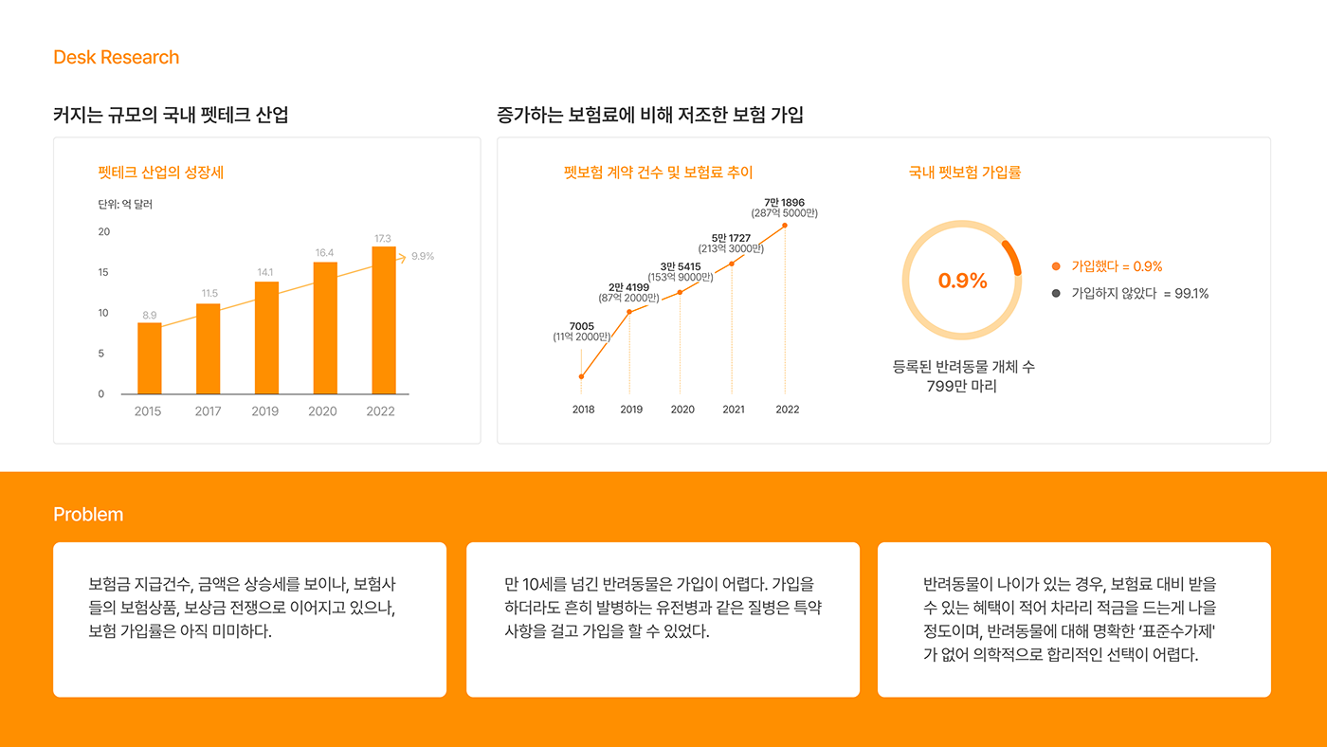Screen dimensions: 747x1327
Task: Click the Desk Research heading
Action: pos(116,58)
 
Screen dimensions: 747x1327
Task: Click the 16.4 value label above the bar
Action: pos(325,253)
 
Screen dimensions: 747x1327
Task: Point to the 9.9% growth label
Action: pos(423,256)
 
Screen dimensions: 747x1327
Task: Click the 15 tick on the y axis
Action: pos(103,272)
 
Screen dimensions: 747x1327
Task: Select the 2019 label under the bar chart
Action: pos(265,411)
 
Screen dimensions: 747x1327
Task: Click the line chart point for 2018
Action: pos(581,376)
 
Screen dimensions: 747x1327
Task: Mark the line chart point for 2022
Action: pos(785,226)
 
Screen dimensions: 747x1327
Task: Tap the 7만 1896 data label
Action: pos(784,202)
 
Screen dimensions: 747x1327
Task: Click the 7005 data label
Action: pos(581,326)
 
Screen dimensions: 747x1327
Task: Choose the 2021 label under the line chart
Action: pos(734,410)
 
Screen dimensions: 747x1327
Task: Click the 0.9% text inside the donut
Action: pos(962,281)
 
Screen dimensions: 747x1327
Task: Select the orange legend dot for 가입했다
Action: pos(1056,266)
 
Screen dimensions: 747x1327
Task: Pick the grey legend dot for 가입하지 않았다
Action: pos(1056,293)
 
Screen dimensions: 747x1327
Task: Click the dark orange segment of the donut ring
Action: pos(1013,254)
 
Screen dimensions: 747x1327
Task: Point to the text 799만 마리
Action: pos(962,387)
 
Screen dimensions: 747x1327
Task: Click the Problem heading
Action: pos(88,515)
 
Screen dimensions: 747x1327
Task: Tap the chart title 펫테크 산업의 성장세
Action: pos(161,173)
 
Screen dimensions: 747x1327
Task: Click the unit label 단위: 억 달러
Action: pos(125,204)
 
